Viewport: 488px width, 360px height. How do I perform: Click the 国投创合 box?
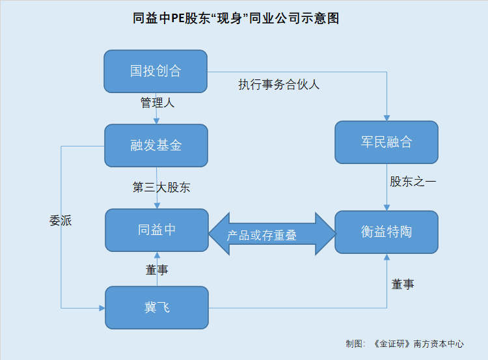[x=156, y=72]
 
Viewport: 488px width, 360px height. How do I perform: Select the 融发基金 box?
[x=156, y=145]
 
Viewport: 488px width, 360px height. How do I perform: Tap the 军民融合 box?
[x=386, y=143]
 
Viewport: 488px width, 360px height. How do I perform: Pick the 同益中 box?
[x=157, y=230]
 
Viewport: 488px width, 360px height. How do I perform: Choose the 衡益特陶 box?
[x=386, y=232]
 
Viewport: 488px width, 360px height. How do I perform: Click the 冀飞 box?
[x=157, y=308]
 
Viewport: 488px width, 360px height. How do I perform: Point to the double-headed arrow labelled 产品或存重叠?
[x=273, y=234]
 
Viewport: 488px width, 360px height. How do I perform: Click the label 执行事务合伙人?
[x=279, y=85]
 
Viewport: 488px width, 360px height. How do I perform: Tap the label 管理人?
[x=157, y=102]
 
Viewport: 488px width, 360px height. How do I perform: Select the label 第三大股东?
[x=161, y=187]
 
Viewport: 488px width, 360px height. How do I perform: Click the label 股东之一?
[x=413, y=182]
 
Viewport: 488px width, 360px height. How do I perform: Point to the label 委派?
[x=61, y=221]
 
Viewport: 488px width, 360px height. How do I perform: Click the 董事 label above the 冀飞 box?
[x=157, y=270]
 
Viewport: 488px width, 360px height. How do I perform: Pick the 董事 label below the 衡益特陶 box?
[x=403, y=284]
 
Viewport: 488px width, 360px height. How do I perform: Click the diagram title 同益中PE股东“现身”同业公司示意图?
[x=236, y=18]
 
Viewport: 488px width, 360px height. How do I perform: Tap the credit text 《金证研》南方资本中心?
[x=418, y=344]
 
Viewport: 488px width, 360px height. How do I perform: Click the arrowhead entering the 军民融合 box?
[x=386, y=118]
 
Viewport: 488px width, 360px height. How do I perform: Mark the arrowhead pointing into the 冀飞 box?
[x=102, y=309]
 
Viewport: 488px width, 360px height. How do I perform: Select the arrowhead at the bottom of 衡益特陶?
[x=387, y=256]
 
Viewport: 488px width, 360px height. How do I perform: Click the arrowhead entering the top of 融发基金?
[x=157, y=121]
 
